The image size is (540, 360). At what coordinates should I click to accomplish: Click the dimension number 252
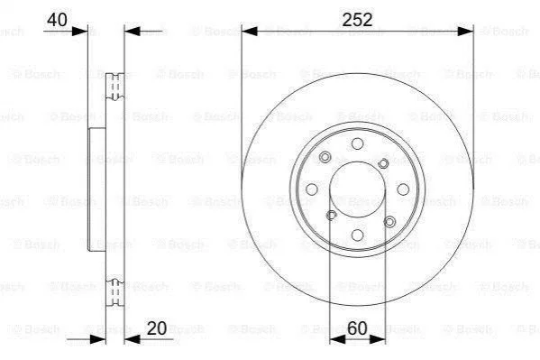pos(357,20)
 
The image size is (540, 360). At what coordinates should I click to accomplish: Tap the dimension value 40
pos(57,20)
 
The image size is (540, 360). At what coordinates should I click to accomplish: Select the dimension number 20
pos(157,328)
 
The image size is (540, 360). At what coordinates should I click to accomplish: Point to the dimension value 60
pos(357,328)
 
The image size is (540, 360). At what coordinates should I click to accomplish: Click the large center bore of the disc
pos(357,189)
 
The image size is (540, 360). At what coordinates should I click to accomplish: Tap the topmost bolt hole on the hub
pos(357,143)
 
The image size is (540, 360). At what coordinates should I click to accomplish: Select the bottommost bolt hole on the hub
pos(357,235)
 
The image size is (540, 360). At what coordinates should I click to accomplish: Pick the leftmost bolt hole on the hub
pos(312,189)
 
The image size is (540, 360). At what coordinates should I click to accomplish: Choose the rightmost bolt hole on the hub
pos(403,189)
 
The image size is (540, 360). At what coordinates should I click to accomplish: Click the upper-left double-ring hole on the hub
pos(325,157)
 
